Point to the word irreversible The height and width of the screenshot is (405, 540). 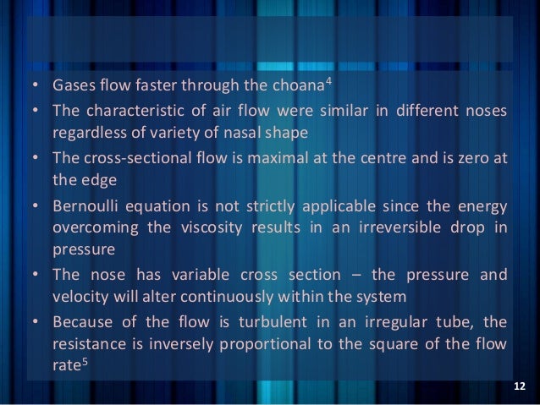point(393,227)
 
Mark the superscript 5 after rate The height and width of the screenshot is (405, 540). point(88,360)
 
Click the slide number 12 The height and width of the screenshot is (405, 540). point(520,387)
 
